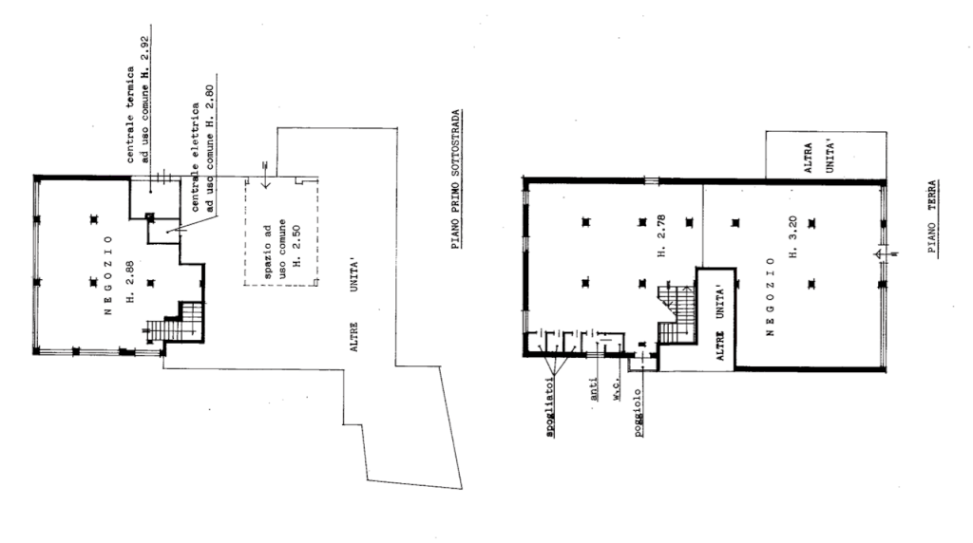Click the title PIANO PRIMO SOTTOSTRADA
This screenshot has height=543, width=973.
tap(456, 179)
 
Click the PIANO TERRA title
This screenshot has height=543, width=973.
tap(933, 216)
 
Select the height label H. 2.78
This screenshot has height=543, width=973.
tap(661, 235)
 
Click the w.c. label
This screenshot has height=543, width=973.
tap(617, 390)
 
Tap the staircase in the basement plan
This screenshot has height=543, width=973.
tap(176, 323)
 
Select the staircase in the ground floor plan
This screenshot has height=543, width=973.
tap(677, 313)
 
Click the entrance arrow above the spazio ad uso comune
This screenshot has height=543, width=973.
tap(265, 176)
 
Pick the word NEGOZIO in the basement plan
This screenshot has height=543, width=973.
tap(108, 274)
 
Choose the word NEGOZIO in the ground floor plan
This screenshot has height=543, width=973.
tap(771, 296)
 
